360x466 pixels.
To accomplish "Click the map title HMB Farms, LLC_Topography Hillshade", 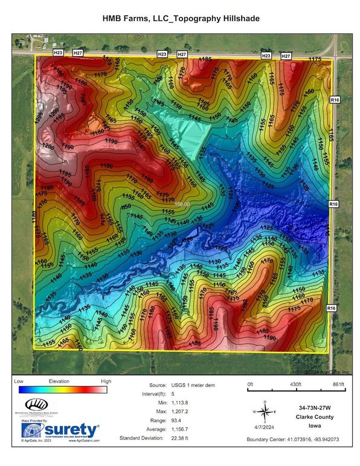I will [x=180, y=19].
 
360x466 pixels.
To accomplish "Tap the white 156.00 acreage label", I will [x=182, y=205].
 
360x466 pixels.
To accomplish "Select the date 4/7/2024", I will [x=263, y=427].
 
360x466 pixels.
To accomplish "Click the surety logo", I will [x=60, y=430].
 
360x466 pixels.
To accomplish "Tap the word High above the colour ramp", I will [x=106, y=382].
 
